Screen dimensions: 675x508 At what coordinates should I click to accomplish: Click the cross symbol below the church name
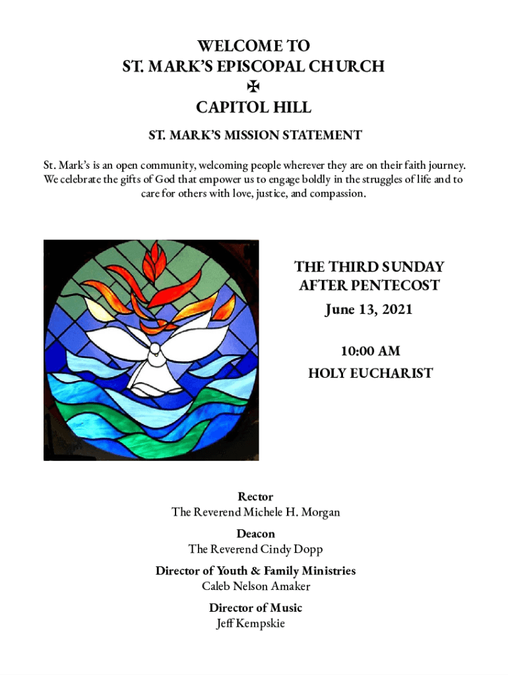tap(254, 86)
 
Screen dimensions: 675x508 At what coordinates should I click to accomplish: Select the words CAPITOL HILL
tap(254, 107)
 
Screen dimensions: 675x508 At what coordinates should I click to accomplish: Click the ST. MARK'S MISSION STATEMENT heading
tap(255, 135)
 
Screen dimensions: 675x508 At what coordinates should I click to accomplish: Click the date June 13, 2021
tap(368, 309)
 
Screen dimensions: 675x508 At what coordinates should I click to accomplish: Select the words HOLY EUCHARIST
tap(370, 374)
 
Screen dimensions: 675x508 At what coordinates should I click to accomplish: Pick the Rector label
tap(255, 496)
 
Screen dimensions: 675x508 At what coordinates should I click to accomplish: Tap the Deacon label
tap(255, 533)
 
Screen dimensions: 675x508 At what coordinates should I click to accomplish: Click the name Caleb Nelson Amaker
tap(256, 586)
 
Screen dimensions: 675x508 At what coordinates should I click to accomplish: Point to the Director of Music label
tap(255, 608)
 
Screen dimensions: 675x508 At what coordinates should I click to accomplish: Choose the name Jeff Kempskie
tap(251, 624)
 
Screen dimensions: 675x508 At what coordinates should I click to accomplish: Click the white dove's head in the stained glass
tap(154, 352)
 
